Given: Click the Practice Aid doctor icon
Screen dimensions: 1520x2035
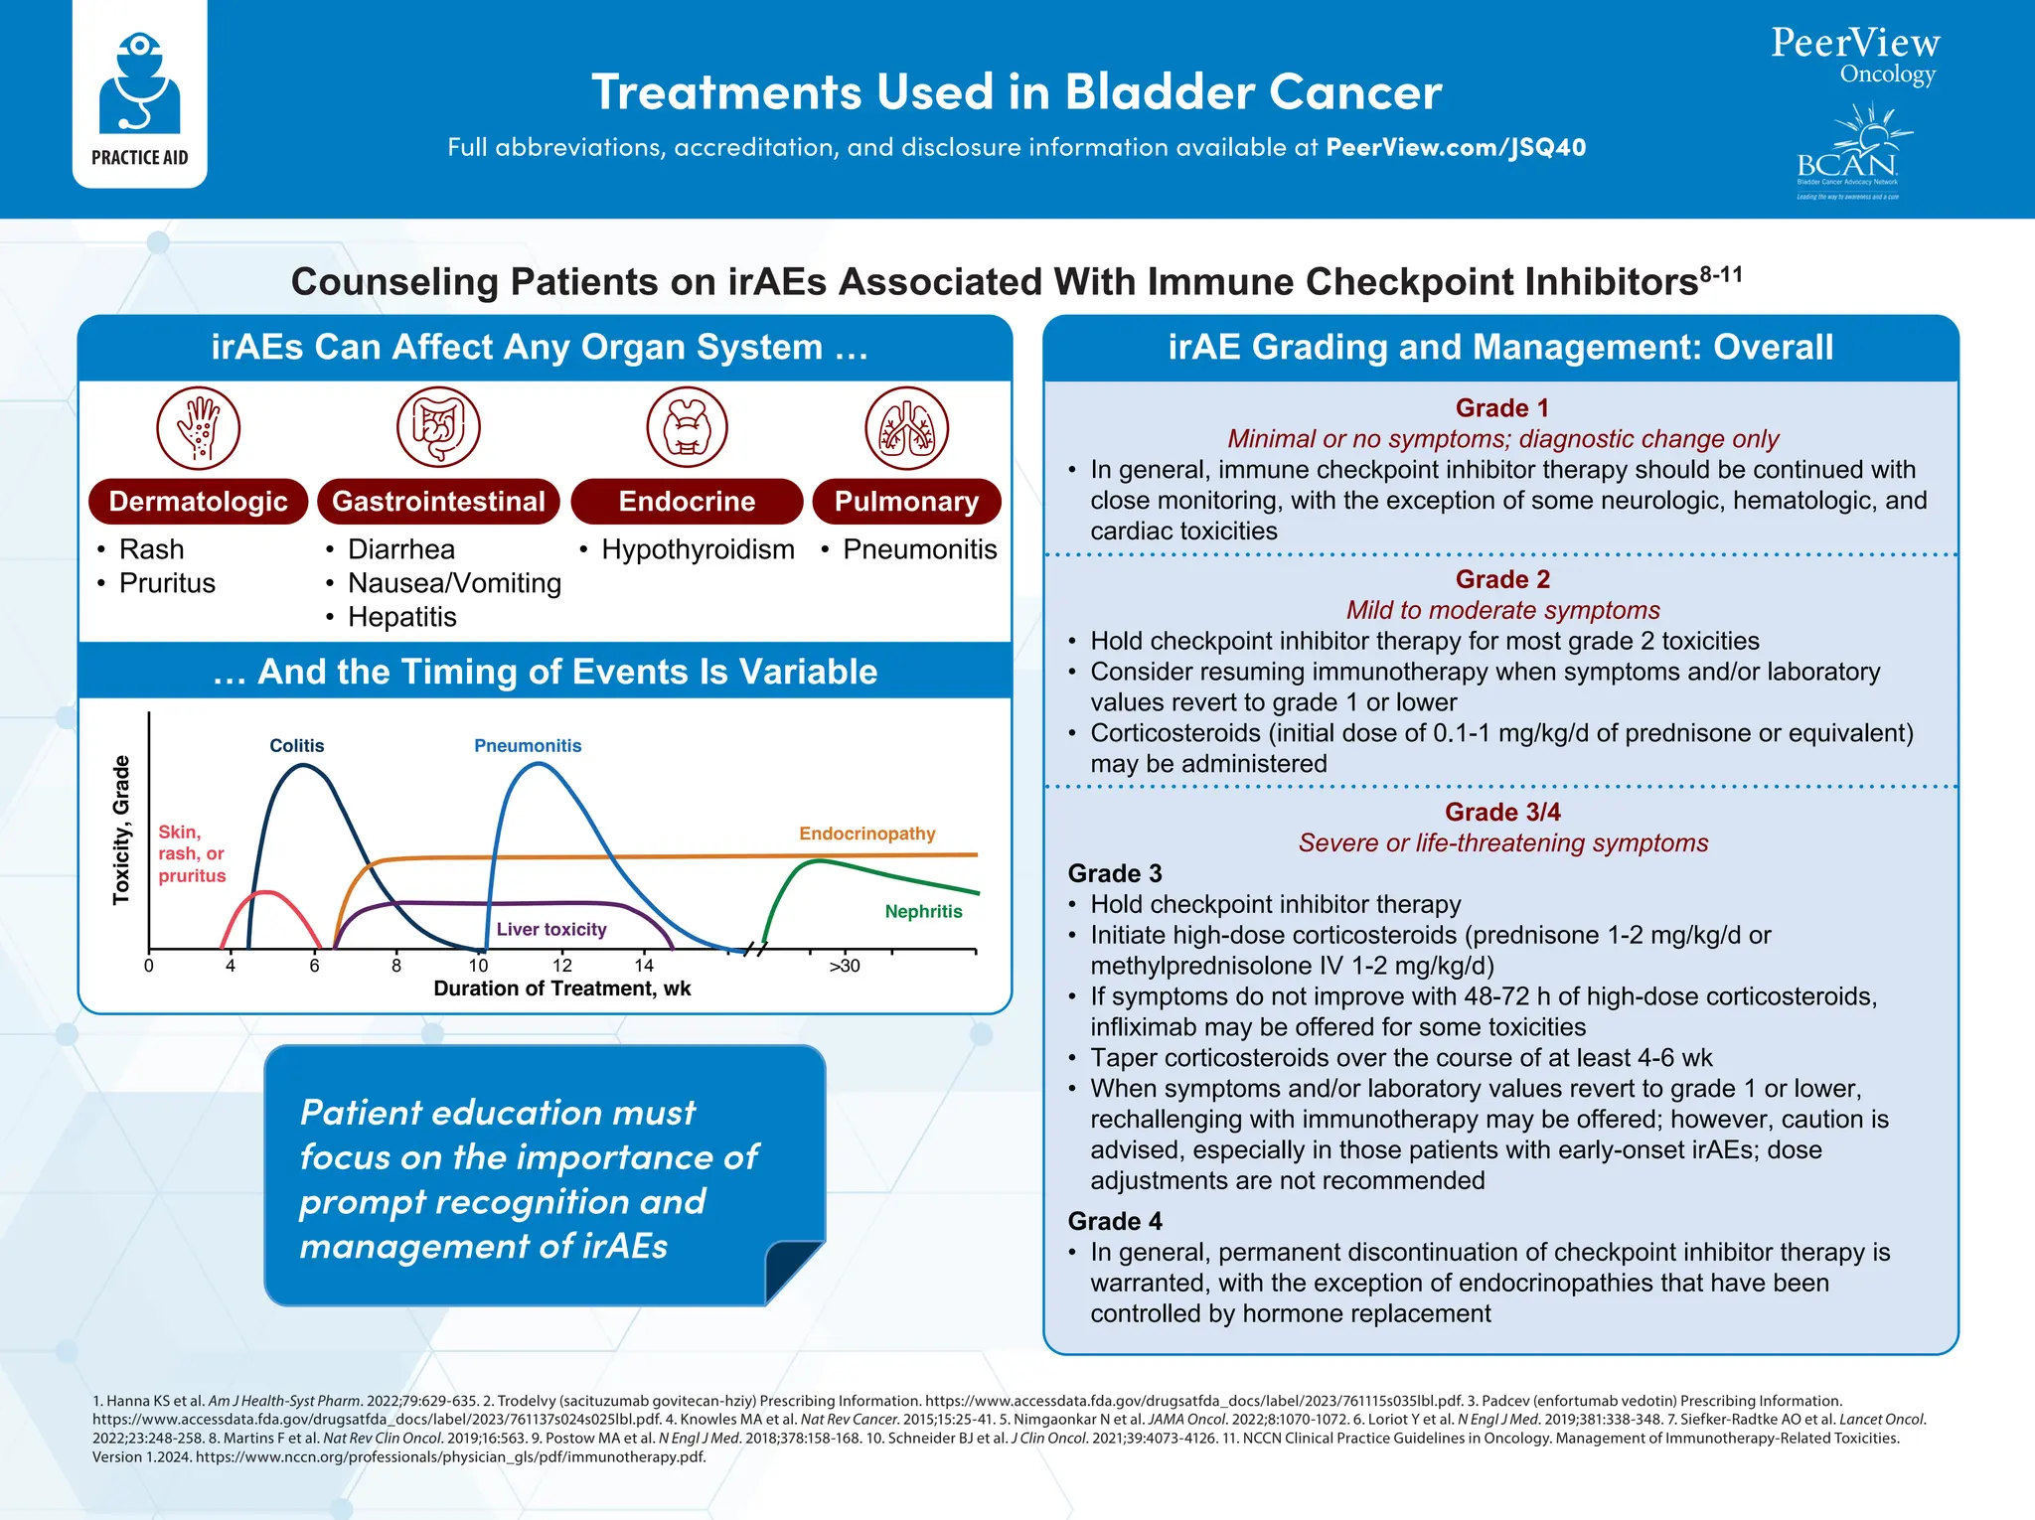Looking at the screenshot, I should [139, 84].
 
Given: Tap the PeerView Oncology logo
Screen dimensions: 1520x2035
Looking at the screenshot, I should [1854, 56].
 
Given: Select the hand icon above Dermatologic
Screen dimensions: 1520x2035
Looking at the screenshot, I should [199, 428].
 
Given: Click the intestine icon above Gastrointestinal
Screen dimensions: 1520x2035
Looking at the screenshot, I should [438, 428].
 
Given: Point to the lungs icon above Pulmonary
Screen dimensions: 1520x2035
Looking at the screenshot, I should [906, 428].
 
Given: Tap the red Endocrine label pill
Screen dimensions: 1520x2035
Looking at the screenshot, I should [687, 502].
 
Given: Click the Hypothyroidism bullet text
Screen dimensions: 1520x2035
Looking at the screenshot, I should [698, 549].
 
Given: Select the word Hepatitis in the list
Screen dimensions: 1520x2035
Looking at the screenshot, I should [401, 617].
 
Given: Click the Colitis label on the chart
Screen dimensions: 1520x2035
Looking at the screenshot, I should [297, 745].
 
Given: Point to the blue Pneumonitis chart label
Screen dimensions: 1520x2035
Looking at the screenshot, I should [528, 745].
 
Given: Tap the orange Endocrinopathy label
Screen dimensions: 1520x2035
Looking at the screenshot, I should [866, 834].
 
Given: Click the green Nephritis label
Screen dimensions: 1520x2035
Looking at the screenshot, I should [923, 911].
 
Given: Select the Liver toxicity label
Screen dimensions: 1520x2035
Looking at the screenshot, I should [551, 929].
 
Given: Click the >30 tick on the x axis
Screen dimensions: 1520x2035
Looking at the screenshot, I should [844, 966].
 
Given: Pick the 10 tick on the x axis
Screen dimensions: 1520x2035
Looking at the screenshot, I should [479, 966].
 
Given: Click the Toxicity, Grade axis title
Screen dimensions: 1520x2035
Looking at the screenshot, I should [121, 830].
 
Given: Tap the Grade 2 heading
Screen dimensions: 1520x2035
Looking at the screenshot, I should [1501, 579].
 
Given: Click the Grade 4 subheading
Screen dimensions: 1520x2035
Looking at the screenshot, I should [1114, 1221].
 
